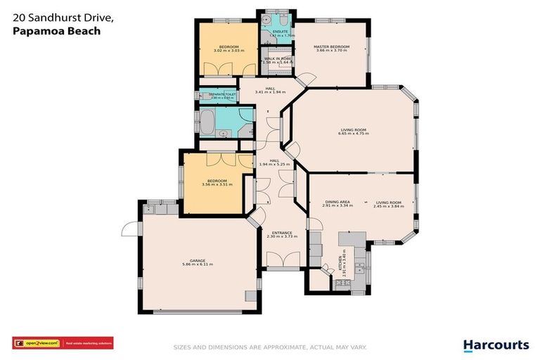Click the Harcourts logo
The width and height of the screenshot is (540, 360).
click(496, 345)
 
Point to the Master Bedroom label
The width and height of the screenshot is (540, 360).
click(332, 47)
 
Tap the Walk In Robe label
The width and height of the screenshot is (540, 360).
click(277, 58)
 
